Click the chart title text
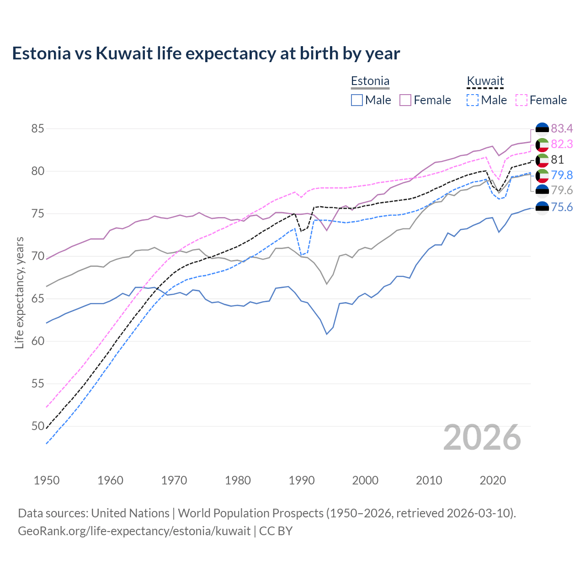pyautogui.click(x=206, y=53)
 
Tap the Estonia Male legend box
pyautogui.click(x=357, y=100)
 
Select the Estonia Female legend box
pyautogui.click(x=405, y=100)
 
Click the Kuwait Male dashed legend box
pyautogui.click(x=473, y=100)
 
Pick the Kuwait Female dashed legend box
pyautogui.click(x=521, y=100)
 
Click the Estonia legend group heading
pyautogui.click(x=370, y=81)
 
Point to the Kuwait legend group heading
pyautogui.click(x=485, y=81)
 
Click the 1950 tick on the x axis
pyautogui.click(x=47, y=480)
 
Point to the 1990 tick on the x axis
pyautogui.click(x=302, y=480)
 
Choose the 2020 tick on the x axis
pyautogui.click(x=493, y=480)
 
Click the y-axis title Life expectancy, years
pyautogui.click(x=19, y=292)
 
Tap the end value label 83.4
pyautogui.click(x=562, y=128)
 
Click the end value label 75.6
pyautogui.click(x=562, y=207)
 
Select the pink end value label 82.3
pyautogui.click(x=562, y=144)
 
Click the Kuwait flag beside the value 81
pyautogui.click(x=542, y=160)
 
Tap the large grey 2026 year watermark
pyautogui.click(x=482, y=437)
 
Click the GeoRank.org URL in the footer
pyautogui.click(x=134, y=531)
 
